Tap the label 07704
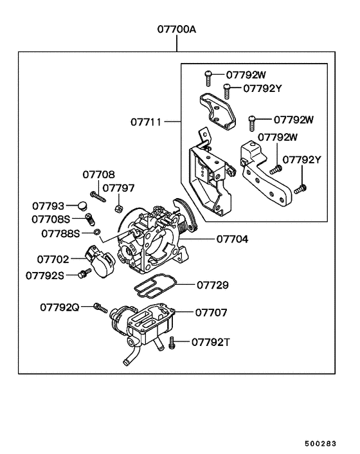click(x=232, y=239)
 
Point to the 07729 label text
click(x=213, y=284)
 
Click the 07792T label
click(x=210, y=343)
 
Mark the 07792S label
click(x=45, y=275)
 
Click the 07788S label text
click(x=61, y=233)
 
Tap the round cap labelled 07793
click(x=82, y=206)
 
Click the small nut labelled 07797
click(x=118, y=208)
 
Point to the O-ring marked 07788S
click(x=96, y=231)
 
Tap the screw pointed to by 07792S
click(x=82, y=275)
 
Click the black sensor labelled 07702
click(x=100, y=260)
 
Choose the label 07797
click(x=119, y=188)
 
